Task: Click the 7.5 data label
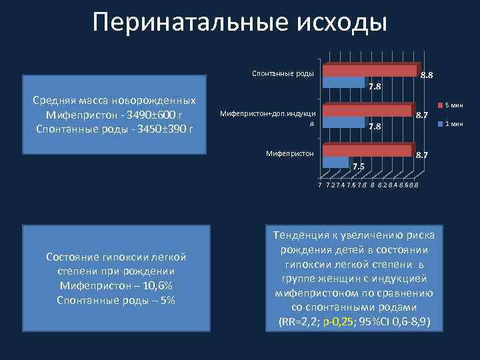tap(359, 167)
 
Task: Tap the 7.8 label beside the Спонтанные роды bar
tap(375, 87)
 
